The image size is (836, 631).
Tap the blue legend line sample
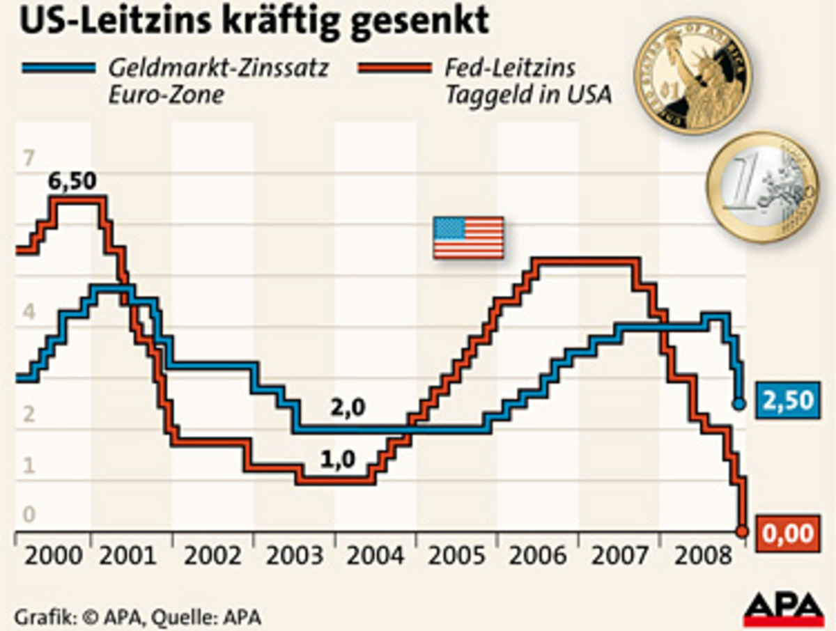pos(59,68)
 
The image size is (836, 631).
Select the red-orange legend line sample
pos(394,68)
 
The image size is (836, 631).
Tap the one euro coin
pos(762,187)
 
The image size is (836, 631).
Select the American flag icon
pos(468,237)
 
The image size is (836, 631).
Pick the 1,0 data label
pos(339,459)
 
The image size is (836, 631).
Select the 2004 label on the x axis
pos(376,556)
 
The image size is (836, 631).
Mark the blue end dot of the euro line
pos(739,403)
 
